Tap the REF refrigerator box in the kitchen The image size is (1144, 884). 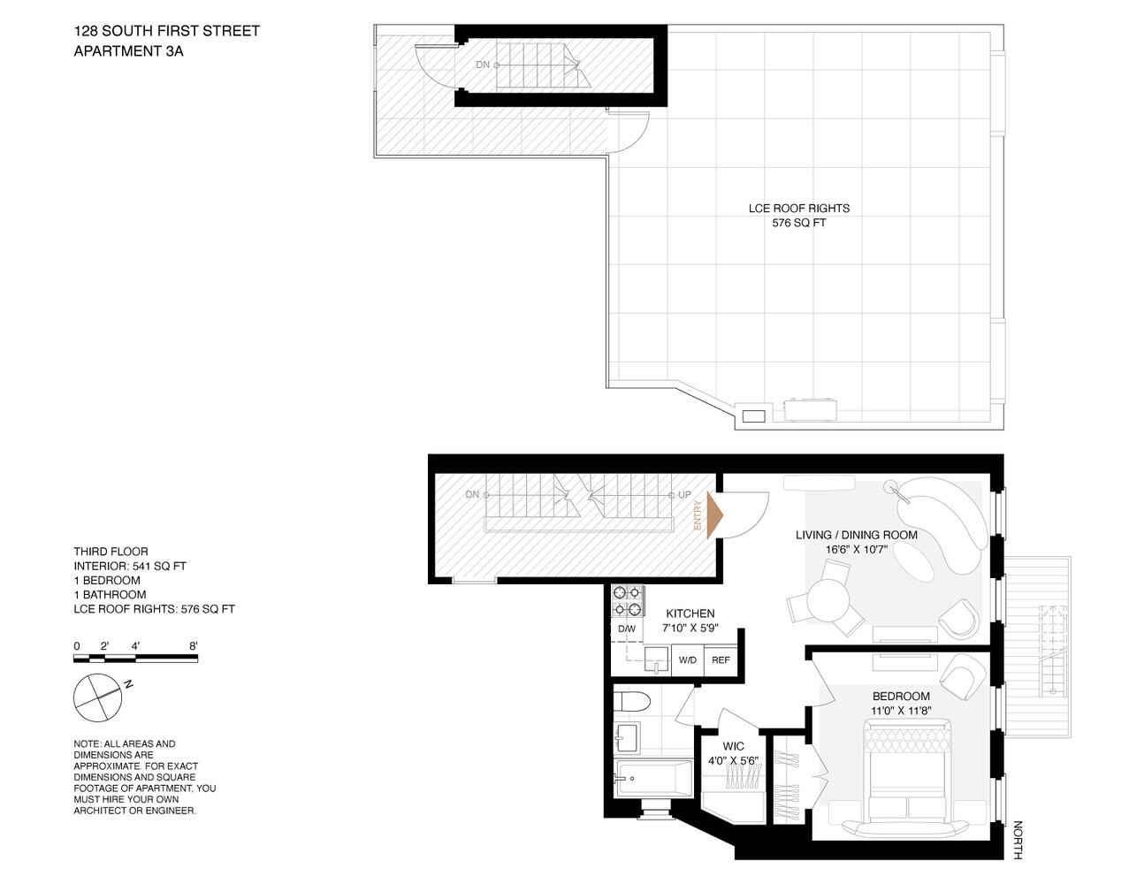721,660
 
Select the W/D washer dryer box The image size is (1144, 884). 687,660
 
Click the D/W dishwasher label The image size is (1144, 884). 626,629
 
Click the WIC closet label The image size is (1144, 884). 733,746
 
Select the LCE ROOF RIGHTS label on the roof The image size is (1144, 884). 798,209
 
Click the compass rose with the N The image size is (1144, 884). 97,697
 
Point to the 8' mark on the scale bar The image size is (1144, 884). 193,646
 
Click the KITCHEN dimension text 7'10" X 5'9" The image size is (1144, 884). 690,629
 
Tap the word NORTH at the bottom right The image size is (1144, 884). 1018,840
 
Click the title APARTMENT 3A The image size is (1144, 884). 128,51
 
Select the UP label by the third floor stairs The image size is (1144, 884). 684,495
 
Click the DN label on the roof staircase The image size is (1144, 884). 483,65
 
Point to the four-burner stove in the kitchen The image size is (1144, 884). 627,601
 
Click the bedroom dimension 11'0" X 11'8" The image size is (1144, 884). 901,711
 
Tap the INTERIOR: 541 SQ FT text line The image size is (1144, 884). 130,566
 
